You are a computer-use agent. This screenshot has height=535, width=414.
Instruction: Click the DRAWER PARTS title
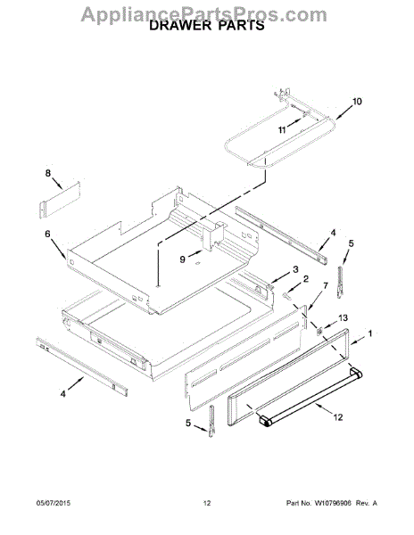[x=207, y=25]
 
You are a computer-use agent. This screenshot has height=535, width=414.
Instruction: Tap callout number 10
[x=357, y=102]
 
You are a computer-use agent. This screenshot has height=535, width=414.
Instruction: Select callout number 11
[x=282, y=130]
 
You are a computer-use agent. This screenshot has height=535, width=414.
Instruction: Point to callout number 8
[x=48, y=173]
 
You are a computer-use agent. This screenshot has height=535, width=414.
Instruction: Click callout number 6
[x=47, y=234]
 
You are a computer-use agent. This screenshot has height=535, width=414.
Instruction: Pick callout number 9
[x=183, y=259]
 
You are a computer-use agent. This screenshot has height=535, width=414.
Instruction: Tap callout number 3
[x=295, y=269]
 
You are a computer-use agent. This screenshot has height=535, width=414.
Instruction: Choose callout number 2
[x=306, y=279]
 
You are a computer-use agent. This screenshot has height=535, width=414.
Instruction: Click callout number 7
[x=326, y=285]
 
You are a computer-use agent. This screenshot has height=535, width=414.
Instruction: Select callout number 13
[x=343, y=318]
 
